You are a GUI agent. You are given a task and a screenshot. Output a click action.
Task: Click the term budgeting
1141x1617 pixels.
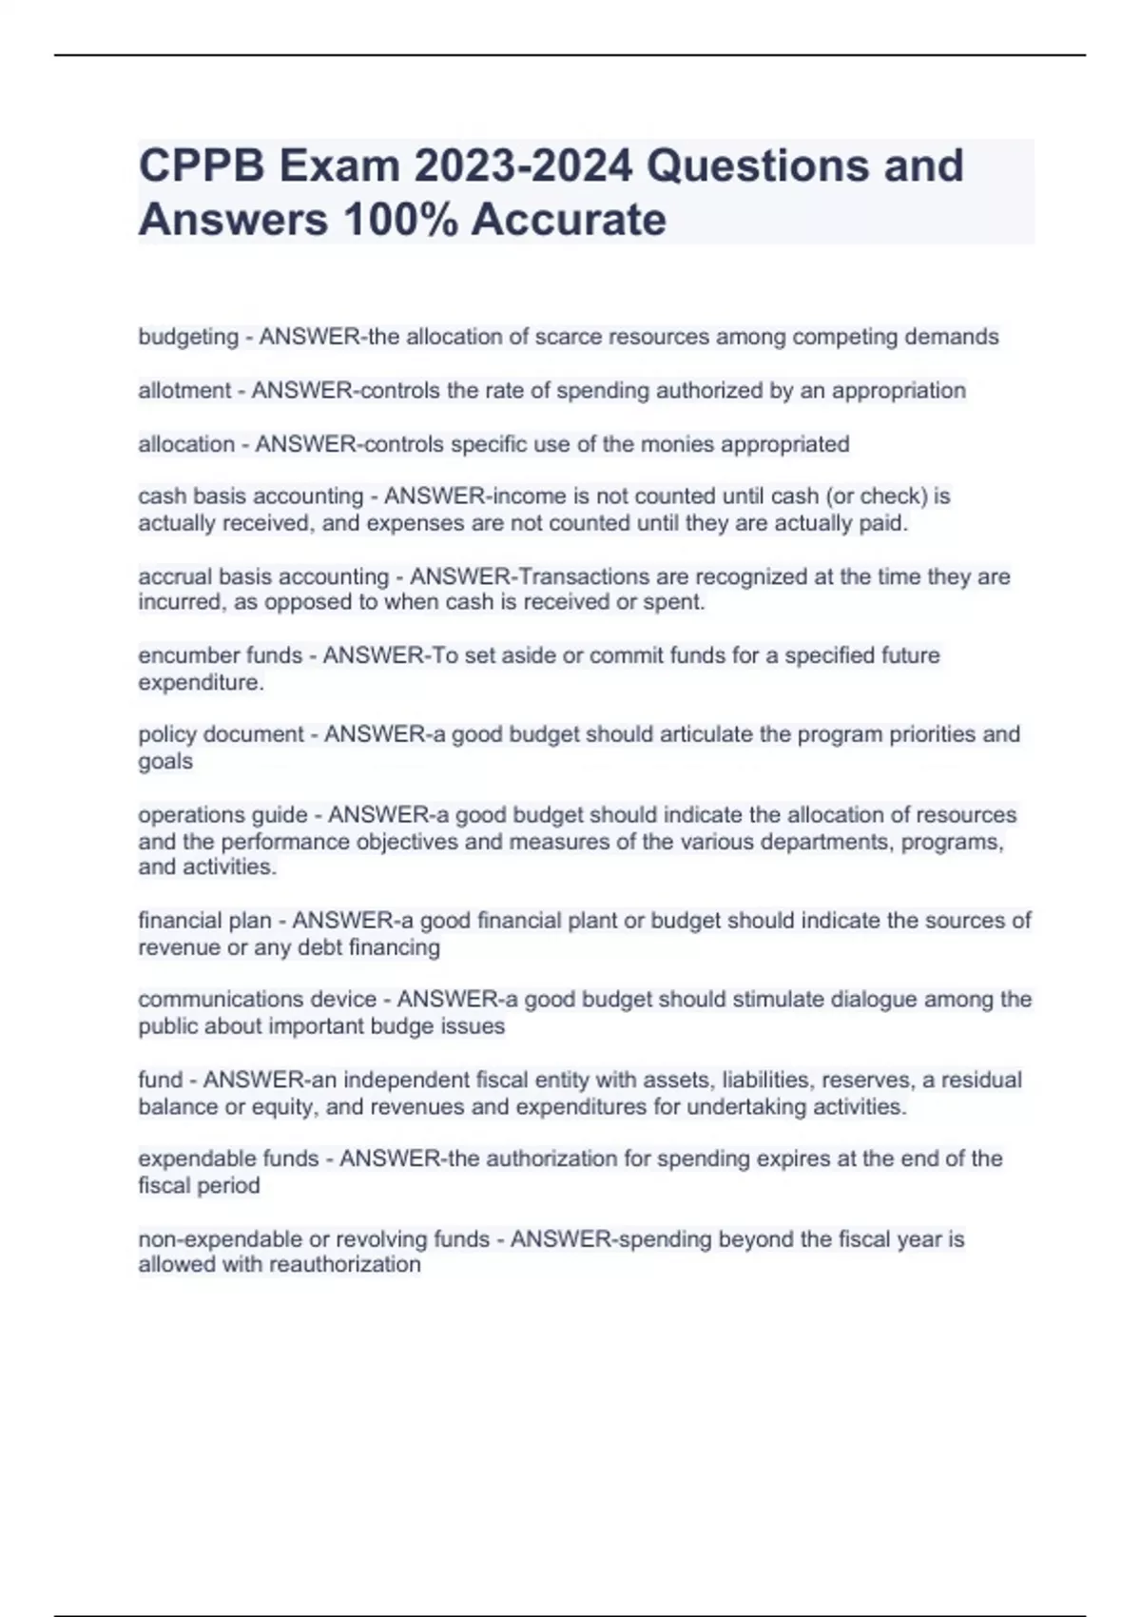[x=188, y=337]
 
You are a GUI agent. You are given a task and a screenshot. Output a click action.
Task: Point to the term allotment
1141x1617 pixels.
[x=184, y=390]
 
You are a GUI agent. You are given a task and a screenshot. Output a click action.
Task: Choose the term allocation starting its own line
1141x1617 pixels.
[x=186, y=444]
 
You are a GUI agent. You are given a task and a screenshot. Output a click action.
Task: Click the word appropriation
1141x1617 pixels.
[x=899, y=390]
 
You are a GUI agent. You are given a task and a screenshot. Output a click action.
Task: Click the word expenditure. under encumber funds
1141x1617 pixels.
[x=201, y=682]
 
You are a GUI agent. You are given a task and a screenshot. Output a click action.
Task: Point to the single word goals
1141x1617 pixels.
[x=165, y=761]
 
